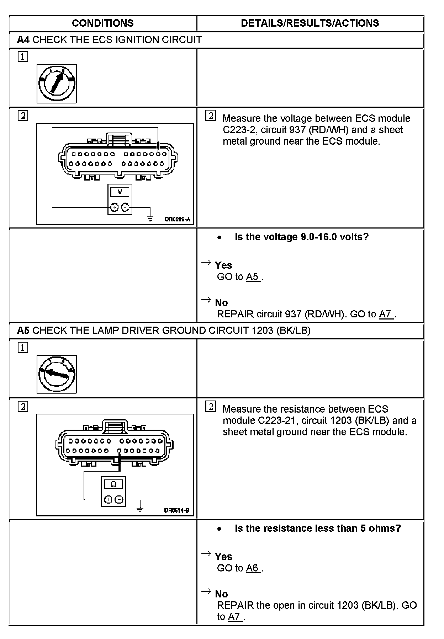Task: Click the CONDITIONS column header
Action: point(102,23)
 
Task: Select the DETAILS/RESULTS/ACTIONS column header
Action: point(310,23)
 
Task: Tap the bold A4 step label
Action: point(23,40)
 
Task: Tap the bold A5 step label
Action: point(23,331)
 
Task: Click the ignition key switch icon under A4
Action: point(57,84)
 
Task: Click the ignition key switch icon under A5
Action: point(57,375)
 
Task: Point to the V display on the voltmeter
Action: point(120,192)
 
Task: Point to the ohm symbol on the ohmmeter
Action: point(114,484)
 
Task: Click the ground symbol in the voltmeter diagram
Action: point(150,219)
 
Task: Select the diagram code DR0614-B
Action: point(176,511)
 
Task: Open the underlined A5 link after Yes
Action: point(253,277)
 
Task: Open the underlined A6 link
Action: point(253,568)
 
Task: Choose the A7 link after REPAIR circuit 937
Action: point(385,314)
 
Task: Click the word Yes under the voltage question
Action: point(223,265)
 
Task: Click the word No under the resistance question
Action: point(221,594)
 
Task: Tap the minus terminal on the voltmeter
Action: point(125,207)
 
